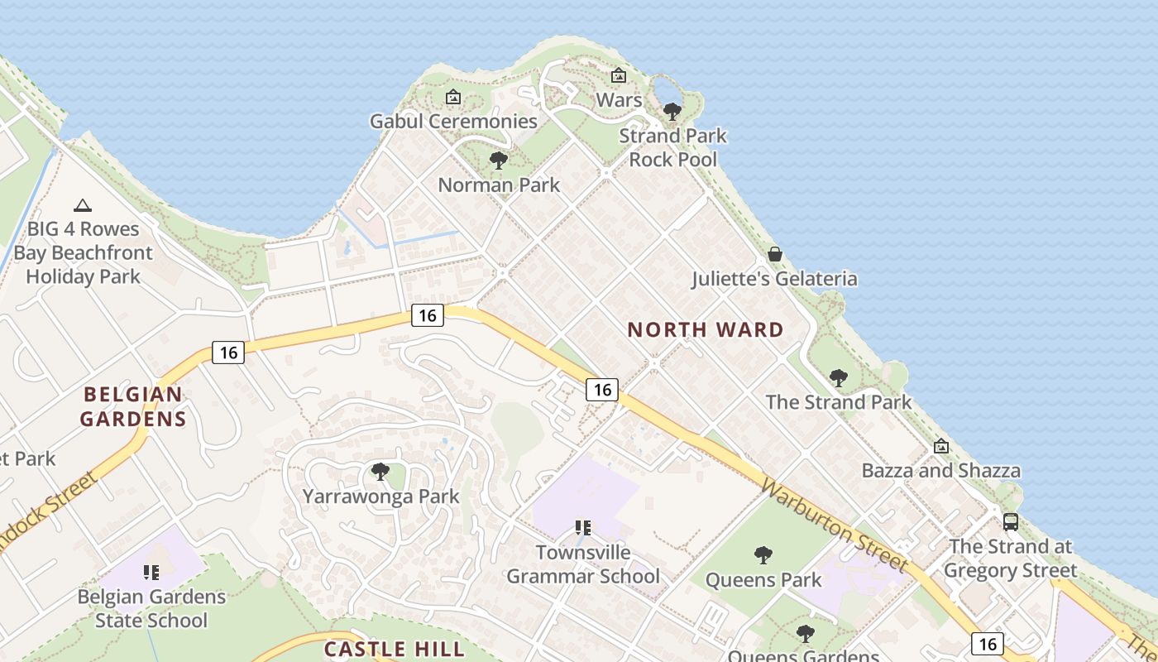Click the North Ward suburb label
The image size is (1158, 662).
click(x=705, y=330)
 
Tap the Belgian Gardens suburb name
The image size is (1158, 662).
click(x=132, y=406)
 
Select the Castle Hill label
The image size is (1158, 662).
click(x=394, y=649)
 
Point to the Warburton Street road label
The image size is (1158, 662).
click(x=834, y=525)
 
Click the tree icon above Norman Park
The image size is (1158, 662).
click(x=498, y=160)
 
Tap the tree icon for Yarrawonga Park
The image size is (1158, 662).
click(x=380, y=472)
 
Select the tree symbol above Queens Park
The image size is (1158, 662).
click(x=763, y=554)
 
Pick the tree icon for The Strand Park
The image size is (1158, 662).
click(x=838, y=378)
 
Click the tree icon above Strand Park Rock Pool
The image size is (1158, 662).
click(x=672, y=110)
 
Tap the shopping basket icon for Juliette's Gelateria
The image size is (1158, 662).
click(x=775, y=254)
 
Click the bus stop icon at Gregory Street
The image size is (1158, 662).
click(x=1010, y=521)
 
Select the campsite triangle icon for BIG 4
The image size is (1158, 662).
click(x=82, y=205)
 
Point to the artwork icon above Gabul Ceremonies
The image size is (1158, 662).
click(x=452, y=97)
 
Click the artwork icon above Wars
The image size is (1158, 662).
click(x=618, y=75)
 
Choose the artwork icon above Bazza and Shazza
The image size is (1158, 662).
click(x=940, y=446)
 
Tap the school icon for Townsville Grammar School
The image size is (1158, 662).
click(x=582, y=527)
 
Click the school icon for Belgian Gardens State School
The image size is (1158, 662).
click(x=151, y=572)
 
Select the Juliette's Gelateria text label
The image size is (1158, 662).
click(x=774, y=279)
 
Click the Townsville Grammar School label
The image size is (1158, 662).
click(x=583, y=564)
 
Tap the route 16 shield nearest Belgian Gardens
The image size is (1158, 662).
click(x=228, y=353)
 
